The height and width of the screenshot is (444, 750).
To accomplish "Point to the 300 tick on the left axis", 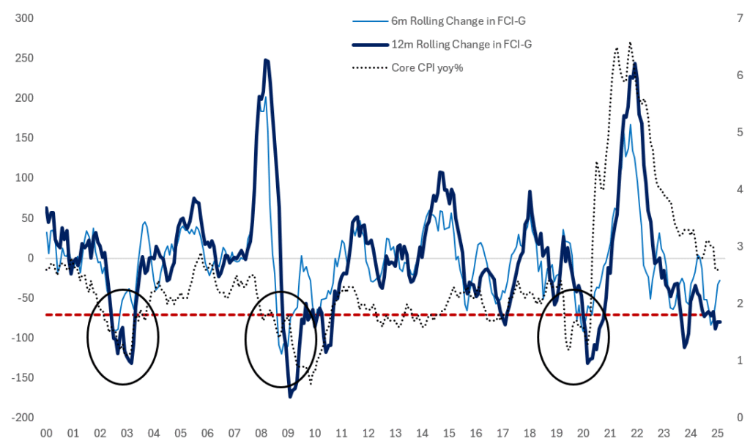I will pyautogui.click(x=25, y=18).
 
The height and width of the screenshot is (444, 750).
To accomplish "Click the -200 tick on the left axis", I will pyautogui.click(x=23, y=418).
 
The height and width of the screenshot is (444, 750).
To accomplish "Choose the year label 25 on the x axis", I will pyautogui.click(x=718, y=432).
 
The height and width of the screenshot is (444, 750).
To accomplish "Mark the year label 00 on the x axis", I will pyautogui.click(x=46, y=432).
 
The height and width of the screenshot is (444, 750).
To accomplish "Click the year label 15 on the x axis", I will pyautogui.click(x=449, y=432).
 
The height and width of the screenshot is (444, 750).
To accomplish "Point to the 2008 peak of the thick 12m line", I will pyautogui.click(x=267, y=60).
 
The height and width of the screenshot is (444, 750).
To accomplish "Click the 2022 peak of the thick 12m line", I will pyautogui.click(x=634, y=64).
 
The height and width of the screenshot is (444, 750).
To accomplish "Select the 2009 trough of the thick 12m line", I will pyautogui.click(x=290, y=396).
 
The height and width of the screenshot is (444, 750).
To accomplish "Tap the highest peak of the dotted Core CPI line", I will pyautogui.click(x=630, y=42).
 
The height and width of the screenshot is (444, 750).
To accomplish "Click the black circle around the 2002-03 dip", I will pyautogui.click(x=122, y=337).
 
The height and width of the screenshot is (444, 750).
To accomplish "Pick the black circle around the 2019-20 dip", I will pyautogui.click(x=573, y=337).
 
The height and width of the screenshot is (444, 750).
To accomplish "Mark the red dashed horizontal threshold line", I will pyautogui.click(x=366, y=314).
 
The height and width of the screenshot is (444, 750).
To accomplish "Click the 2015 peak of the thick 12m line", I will pyautogui.click(x=440, y=172).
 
